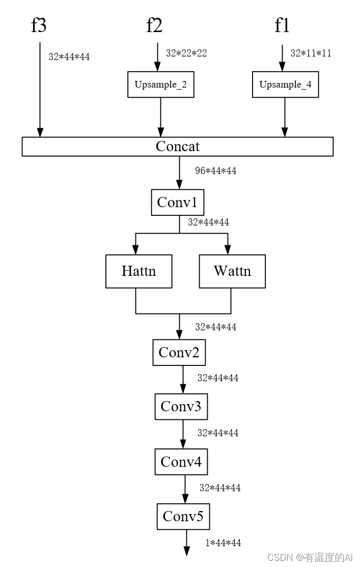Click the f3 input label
click(39, 25)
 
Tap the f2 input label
click(154, 25)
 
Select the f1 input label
click(282, 25)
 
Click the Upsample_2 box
click(160, 84)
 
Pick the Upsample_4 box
click(285, 84)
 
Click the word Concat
click(177, 147)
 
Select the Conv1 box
click(177, 203)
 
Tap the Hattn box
click(139, 271)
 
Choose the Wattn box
click(232, 271)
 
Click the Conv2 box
click(179, 352)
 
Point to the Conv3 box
click(181, 406)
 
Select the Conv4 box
click(181, 462)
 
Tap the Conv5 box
click(183, 517)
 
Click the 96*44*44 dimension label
click(215, 171)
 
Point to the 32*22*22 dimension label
click(186, 53)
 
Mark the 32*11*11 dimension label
click(311, 53)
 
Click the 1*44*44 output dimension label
click(223, 543)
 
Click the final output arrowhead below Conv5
click(186, 551)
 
